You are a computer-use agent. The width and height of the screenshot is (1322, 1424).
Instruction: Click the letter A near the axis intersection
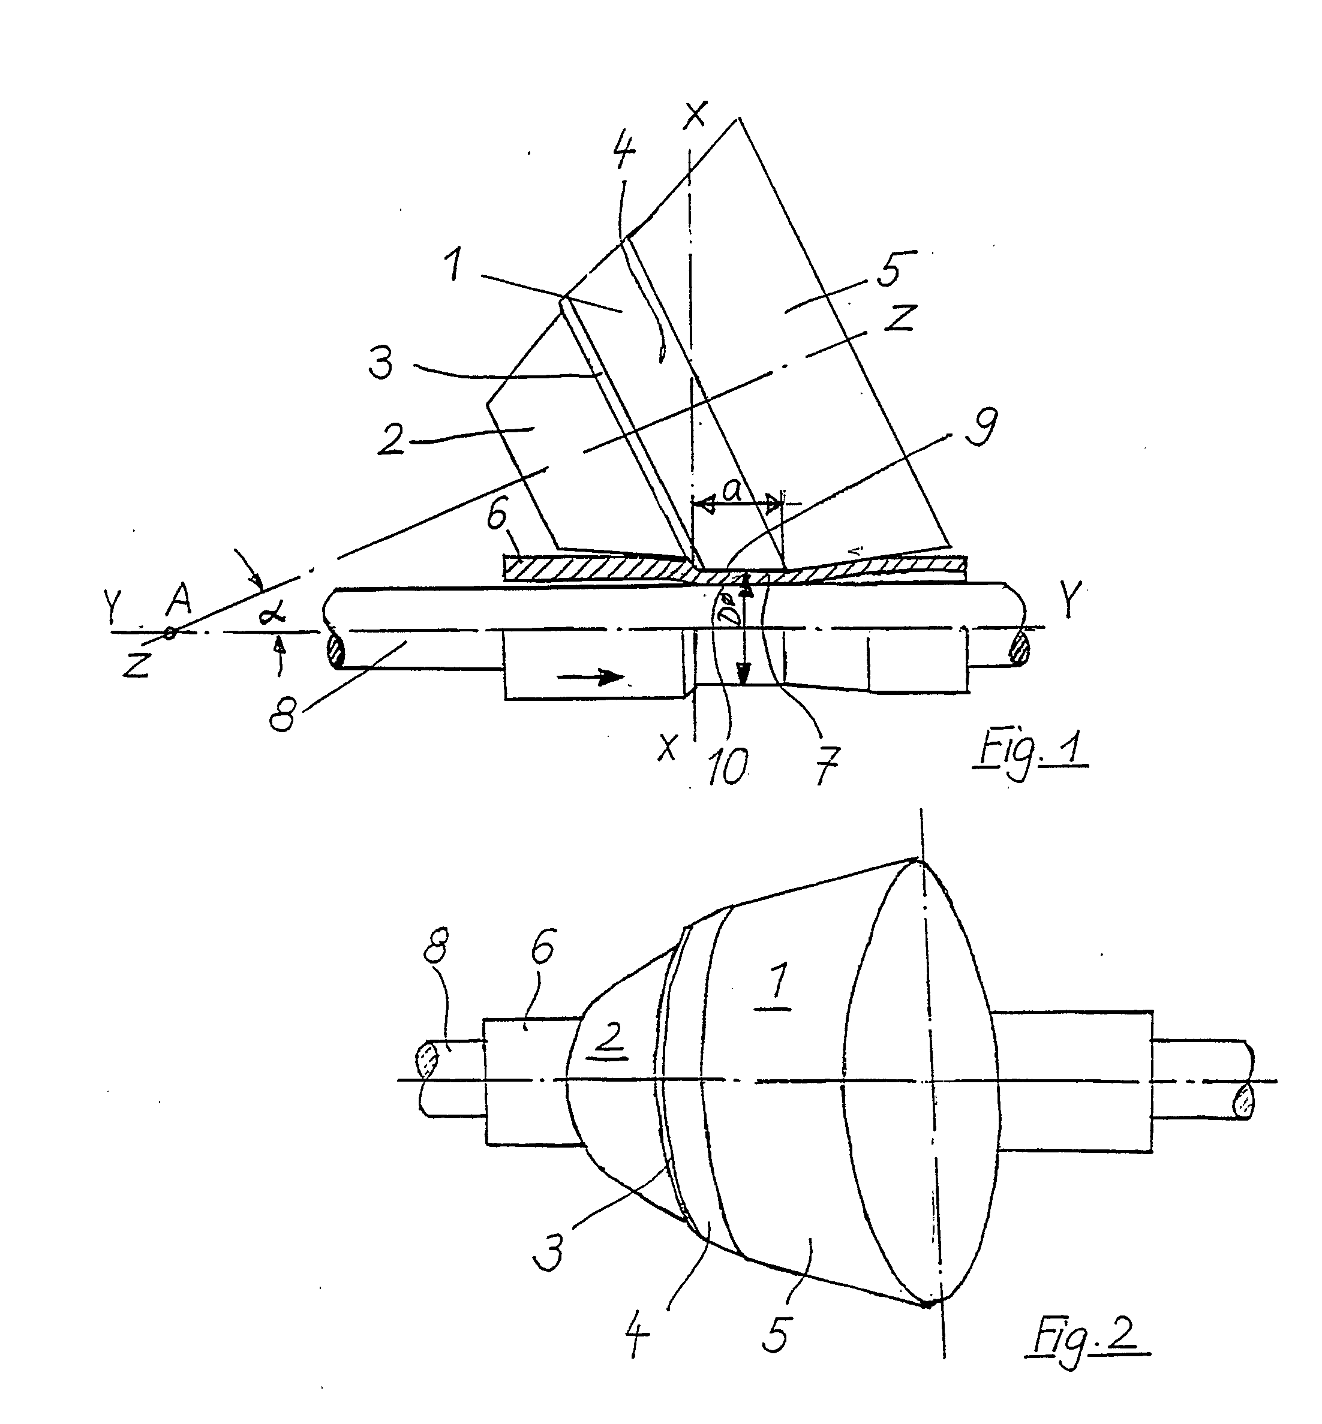(178, 601)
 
